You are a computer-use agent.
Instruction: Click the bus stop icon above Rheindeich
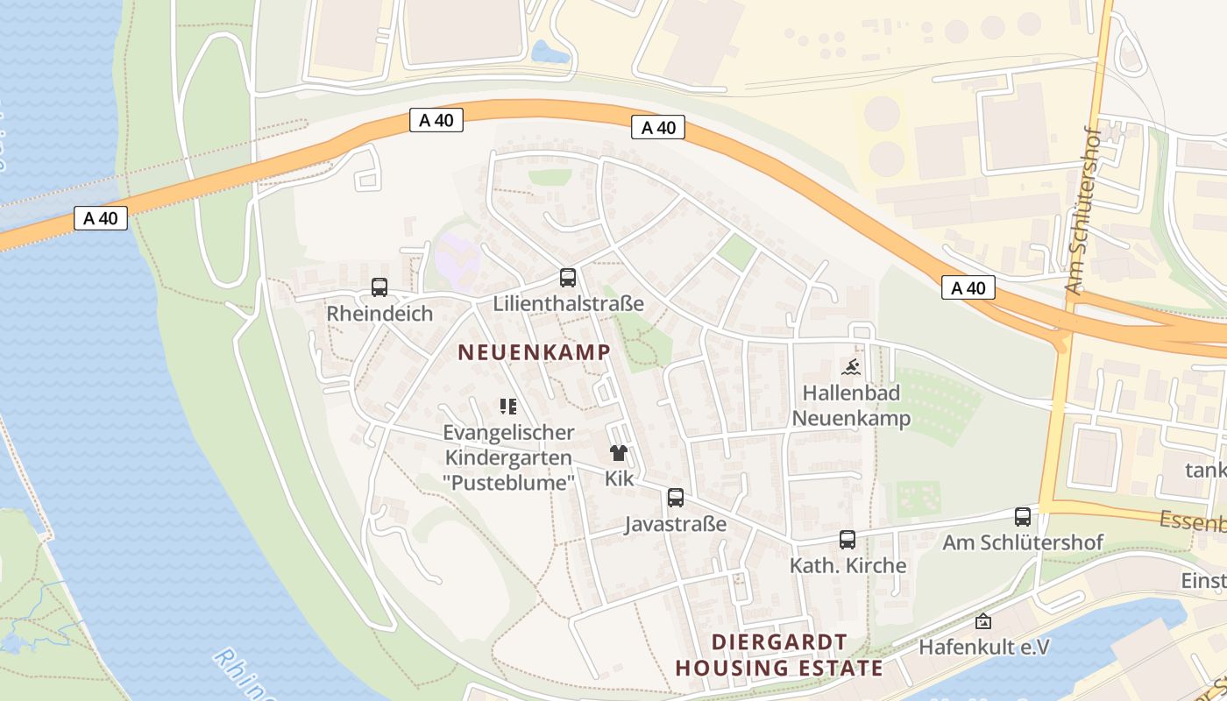[379, 287]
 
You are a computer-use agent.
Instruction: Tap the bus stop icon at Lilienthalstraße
[568, 278]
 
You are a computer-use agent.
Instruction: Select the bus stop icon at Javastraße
[676, 498]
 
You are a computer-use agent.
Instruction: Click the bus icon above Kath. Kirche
[848, 540]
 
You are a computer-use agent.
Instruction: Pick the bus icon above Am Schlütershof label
[1023, 517]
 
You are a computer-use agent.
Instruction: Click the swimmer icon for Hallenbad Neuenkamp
[850, 367]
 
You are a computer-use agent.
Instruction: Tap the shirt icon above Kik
[619, 453]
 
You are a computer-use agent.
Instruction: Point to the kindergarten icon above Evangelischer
[508, 406]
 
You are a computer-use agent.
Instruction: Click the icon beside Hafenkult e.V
[983, 621]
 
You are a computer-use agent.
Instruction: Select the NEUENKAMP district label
[534, 352]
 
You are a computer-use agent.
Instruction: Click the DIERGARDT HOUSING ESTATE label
[779, 655]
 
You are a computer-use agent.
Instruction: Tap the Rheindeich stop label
[379, 314]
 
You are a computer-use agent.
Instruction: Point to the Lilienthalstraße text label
[569, 304]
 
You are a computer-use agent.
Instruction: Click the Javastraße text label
[676, 524]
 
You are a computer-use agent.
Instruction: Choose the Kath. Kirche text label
[848, 565]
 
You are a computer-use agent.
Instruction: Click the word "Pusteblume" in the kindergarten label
[508, 482]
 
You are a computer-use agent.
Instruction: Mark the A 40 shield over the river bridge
[101, 218]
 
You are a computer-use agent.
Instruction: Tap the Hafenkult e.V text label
[984, 647]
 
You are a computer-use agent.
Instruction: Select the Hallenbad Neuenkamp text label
[851, 406]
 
